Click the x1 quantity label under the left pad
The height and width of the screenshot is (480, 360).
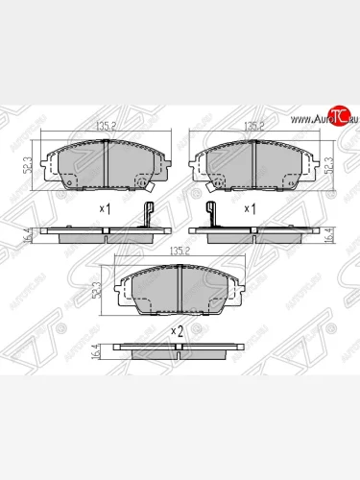point(105,208)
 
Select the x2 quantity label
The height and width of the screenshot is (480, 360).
point(177,330)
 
